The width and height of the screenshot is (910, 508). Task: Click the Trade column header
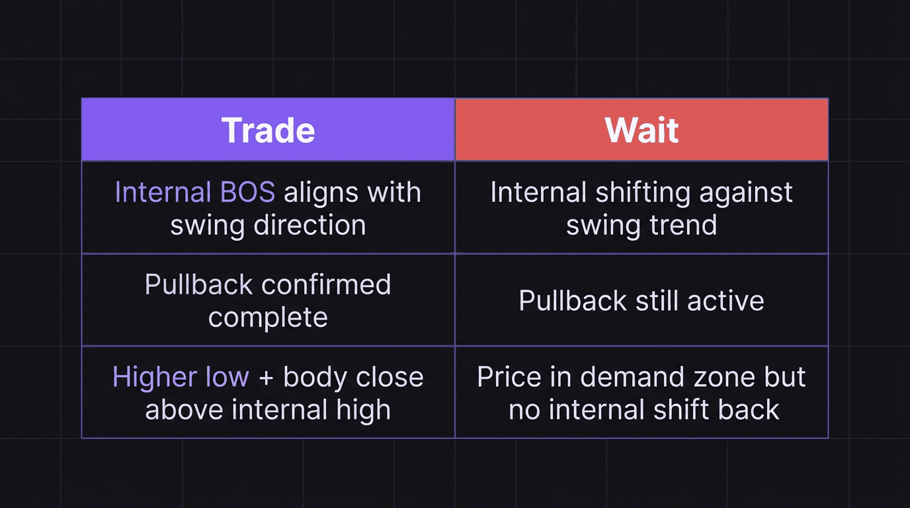(x=268, y=130)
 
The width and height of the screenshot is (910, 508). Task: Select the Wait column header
(x=641, y=130)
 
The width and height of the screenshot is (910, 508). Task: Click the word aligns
(x=320, y=192)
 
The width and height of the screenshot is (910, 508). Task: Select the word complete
(x=268, y=317)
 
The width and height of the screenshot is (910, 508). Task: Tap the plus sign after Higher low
(x=265, y=378)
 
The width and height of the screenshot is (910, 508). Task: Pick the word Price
(x=509, y=378)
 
